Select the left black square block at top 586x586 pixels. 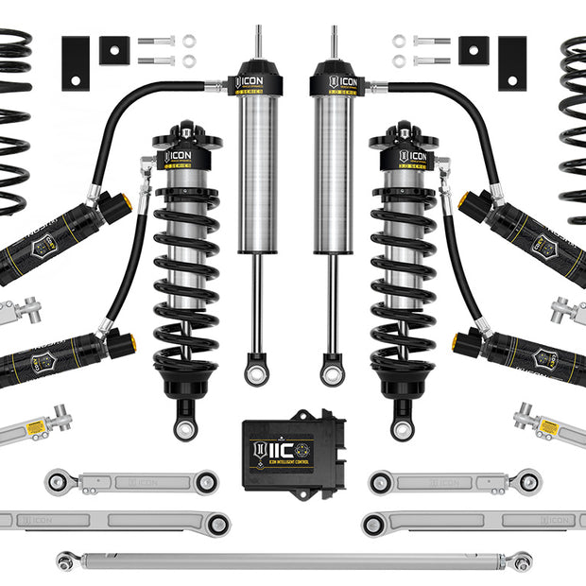(x=113, y=50)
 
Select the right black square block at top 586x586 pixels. (x=473, y=50)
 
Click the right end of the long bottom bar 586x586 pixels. (x=522, y=560)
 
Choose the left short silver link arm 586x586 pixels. (x=132, y=482)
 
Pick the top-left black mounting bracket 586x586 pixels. (x=76, y=63)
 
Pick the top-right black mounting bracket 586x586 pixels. (x=511, y=63)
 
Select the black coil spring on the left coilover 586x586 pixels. (x=185, y=284)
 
